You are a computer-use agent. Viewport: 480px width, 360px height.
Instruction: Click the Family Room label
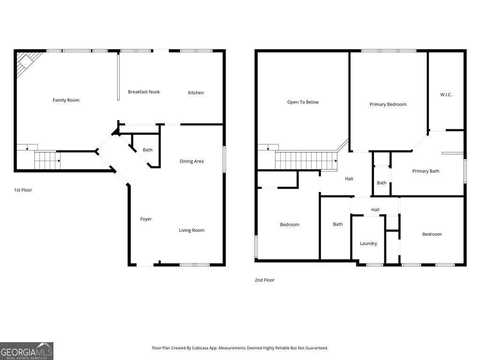point(66,100)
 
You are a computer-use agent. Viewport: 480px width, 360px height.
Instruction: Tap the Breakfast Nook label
point(144,92)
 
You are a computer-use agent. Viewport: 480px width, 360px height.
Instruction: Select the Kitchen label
point(196,93)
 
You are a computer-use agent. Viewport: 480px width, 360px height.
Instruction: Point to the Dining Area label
point(192,161)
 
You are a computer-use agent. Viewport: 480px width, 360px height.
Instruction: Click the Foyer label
point(146,219)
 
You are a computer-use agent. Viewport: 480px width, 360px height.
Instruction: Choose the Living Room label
point(192,230)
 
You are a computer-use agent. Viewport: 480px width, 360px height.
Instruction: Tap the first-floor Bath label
point(148,150)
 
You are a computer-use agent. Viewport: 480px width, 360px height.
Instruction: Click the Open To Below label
point(303,102)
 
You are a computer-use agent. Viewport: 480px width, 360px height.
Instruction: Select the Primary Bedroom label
point(388,105)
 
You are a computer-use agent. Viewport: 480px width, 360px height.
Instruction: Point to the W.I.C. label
point(446,95)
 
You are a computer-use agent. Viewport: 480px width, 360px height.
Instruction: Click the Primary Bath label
point(426,171)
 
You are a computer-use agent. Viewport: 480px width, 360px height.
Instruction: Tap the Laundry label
point(368,243)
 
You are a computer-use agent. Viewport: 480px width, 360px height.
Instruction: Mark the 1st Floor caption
point(23,190)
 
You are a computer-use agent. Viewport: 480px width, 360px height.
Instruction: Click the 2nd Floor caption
point(264,280)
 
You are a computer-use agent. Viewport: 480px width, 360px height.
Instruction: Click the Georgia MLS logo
point(27,351)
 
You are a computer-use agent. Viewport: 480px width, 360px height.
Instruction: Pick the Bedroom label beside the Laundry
point(432,234)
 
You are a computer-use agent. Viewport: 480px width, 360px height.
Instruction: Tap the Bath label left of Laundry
point(338,224)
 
